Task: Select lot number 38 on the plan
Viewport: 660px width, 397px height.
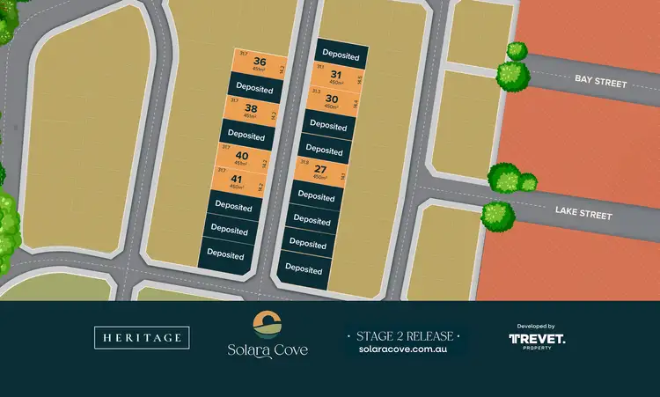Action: click(251, 109)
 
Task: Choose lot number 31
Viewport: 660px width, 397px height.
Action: click(335, 75)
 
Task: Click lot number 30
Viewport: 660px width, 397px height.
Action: click(331, 99)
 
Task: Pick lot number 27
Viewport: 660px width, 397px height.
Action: click(320, 169)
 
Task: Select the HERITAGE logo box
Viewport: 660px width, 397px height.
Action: click(142, 337)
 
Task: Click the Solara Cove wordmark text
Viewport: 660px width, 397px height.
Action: click(267, 350)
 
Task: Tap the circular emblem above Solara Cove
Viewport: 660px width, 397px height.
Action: click(267, 323)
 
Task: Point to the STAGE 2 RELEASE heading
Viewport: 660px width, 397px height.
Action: click(404, 335)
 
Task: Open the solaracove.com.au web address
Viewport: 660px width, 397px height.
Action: click(404, 349)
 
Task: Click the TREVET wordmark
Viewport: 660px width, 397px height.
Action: click(537, 339)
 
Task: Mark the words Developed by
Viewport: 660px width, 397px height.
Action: click(537, 325)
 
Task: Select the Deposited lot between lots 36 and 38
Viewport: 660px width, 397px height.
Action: click(254, 89)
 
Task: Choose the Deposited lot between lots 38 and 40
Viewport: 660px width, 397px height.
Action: click(246, 136)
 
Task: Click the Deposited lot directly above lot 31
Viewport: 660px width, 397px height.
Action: click(341, 55)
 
